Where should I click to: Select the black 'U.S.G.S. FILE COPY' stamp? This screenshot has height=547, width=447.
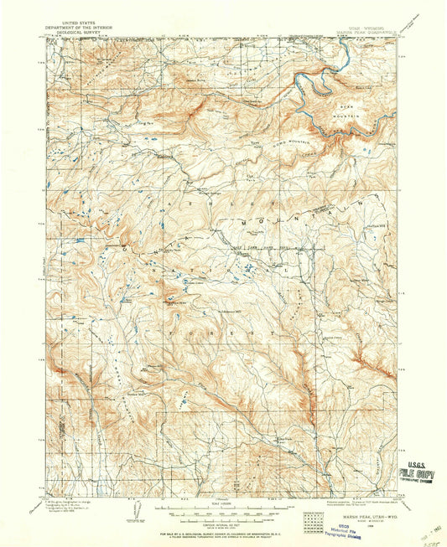[417, 474]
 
